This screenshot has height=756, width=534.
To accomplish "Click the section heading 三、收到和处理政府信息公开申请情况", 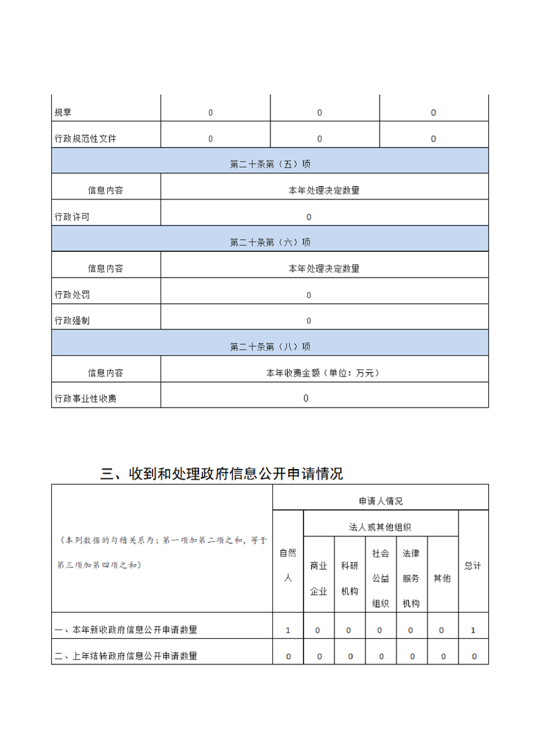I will [x=221, y=474].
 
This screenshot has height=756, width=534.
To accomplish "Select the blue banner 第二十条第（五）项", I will [x=270, y=164].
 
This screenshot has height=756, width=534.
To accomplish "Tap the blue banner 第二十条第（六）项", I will [x=270, y=242].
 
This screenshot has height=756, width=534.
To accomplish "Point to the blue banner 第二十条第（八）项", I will [x=270, y=346].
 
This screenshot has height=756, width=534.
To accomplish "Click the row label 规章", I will [x=64, y=113].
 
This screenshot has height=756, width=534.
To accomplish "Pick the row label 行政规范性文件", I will [x=85, y=139].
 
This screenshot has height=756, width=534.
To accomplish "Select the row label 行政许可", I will [x=71, y=217].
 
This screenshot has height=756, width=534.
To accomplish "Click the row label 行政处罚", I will [x=71, y=294].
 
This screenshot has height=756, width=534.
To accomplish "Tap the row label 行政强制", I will [x=71, y=321].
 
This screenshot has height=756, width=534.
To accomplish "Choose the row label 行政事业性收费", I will [x=85, y=399].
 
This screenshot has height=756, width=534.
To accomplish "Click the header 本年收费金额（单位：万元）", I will [x=324, y=373].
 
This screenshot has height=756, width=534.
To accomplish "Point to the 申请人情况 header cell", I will [x=380, y=501].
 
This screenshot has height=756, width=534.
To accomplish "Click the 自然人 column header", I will [x=288, y=565].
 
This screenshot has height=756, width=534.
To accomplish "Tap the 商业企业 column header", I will [x=319, y=578].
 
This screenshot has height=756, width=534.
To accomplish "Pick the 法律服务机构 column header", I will [x=411, y=578].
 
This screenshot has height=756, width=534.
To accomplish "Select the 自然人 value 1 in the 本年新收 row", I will [x=288, y=630].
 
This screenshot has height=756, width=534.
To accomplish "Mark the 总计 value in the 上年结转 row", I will [x=474, y=656].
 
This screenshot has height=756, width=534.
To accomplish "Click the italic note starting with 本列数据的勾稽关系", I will [x=162, y=553].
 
